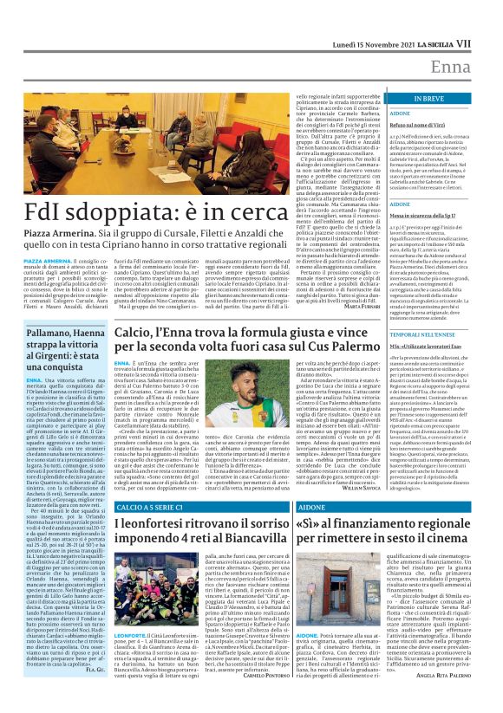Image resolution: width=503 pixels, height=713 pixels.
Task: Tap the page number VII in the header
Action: coord(487,16)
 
